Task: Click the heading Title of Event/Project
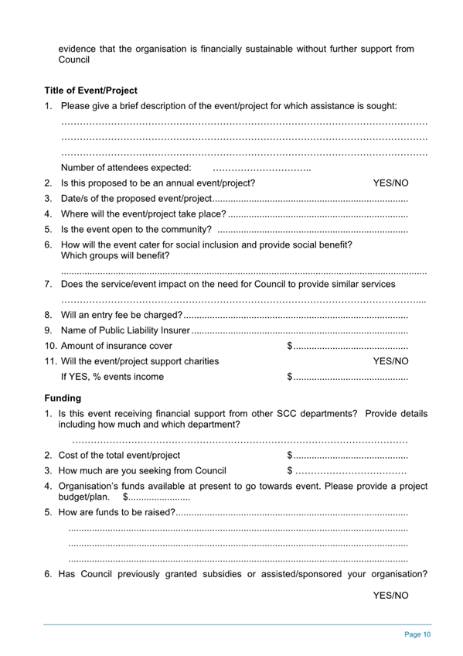click(x=90, y=90)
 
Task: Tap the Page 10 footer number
click(x=417, y=634)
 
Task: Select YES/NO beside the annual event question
click(x=390, y=183)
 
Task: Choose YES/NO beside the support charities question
click(x=390, y=360)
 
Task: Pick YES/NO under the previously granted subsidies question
click(x=390, y=596)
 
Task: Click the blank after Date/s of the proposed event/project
click(x=309, y=199)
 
